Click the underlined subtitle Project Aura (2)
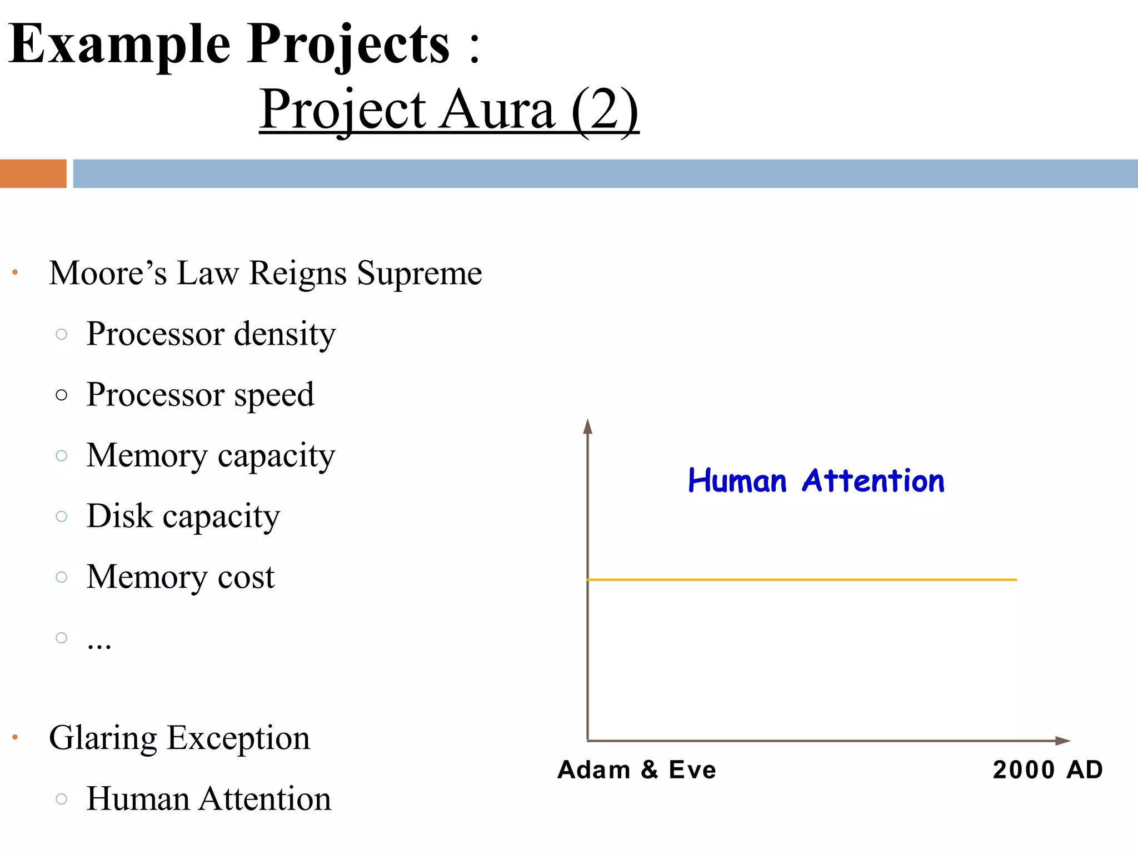449,110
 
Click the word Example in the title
119,44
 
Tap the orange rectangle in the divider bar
33,173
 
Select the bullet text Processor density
211,334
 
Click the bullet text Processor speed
200,395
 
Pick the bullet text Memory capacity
211,456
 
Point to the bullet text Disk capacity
183,517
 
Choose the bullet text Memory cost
180,577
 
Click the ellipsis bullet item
99,643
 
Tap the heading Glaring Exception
179,738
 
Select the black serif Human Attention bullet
208,799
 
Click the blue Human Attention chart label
816,481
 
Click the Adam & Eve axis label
637,770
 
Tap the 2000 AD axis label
1047,770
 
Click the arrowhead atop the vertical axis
588,427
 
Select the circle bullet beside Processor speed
62,395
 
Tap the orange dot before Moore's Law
15,272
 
